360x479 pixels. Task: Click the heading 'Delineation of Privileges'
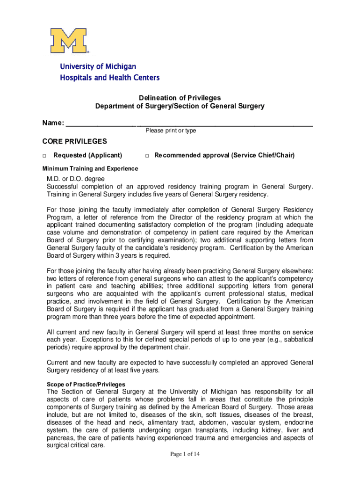(180, 98)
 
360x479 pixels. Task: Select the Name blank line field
(189, 124)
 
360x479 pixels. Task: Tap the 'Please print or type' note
(171, 131)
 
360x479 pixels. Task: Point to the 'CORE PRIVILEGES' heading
(75, 142)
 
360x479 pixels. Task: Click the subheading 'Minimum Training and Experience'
(90, 168)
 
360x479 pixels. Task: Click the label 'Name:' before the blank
(53, 123)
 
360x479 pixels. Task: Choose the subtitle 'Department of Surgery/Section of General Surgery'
(180, 106)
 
